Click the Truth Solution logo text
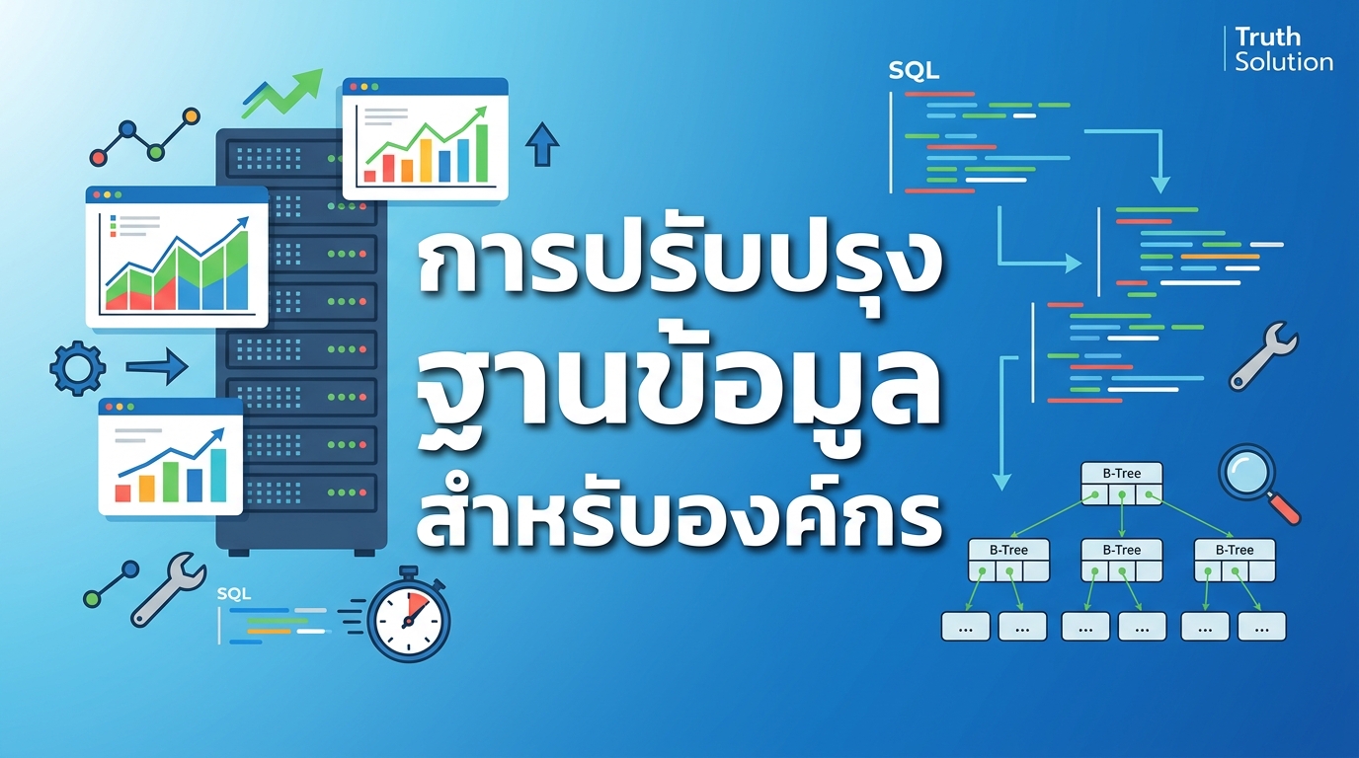(x=1283, y=49)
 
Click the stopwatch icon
(x=408, y=615)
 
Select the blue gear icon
(x=77, y=368)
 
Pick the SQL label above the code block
(x=914, y=71)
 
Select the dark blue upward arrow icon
(x=541, y=144)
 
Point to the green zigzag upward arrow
(x=285, y=90)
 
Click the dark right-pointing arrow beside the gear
(x=157, y=367)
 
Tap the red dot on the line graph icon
(x=98, y=157)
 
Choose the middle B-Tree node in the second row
(x=1121, y=561)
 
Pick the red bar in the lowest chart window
(x=123, y=492)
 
